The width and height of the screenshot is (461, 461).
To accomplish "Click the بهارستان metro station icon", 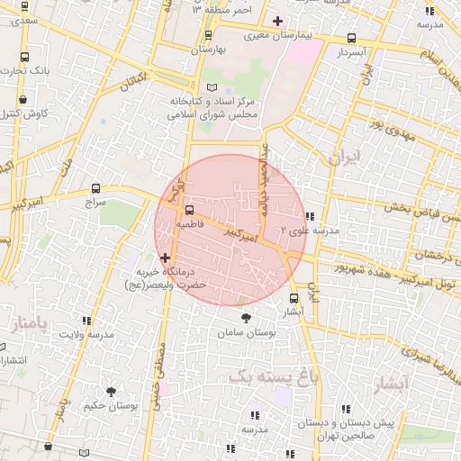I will point(208,36).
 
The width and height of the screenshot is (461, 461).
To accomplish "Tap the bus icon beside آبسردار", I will point(351,39).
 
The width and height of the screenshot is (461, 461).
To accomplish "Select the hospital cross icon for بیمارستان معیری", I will point(277,21).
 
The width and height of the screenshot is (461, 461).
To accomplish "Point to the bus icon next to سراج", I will point(96,188).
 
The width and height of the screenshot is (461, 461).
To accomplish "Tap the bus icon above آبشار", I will point(294,298).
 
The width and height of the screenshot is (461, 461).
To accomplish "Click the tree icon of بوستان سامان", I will point(246,318).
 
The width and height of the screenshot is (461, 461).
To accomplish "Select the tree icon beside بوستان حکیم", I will point(111,392).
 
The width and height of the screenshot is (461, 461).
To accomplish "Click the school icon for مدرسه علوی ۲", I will point(310,216).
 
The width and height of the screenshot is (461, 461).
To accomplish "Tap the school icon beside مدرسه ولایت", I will point(86,321).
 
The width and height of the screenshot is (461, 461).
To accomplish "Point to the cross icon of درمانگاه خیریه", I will point(165,258).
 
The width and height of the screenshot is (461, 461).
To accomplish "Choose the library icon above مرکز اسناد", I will point(212,86).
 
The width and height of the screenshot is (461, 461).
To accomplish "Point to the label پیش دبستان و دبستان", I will point(361,421).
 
